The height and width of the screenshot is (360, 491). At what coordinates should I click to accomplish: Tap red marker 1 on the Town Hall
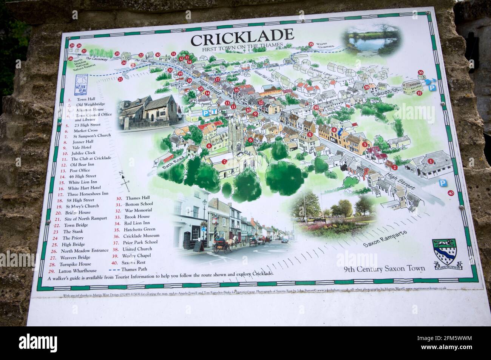pos(430,161)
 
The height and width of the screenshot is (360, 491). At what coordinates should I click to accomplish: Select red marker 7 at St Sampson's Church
pos(224,162)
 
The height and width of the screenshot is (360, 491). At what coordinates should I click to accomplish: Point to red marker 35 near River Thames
pos(311,44)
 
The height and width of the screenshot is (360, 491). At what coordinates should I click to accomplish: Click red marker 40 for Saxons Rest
pos(450,193)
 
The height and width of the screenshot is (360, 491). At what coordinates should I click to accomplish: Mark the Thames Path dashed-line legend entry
pos(128,269)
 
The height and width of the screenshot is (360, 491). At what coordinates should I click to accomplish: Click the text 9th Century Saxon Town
pos(384,269)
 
